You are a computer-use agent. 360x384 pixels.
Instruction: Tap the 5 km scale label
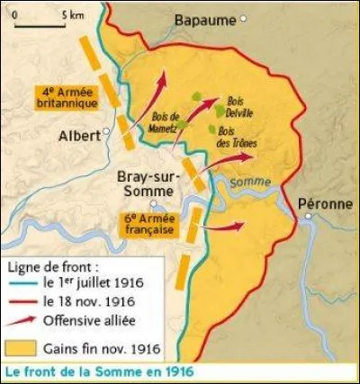tap(74, 16)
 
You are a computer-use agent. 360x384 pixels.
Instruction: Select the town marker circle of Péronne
tap(307, 217)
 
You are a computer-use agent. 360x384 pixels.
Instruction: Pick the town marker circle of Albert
tap(105, 131)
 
